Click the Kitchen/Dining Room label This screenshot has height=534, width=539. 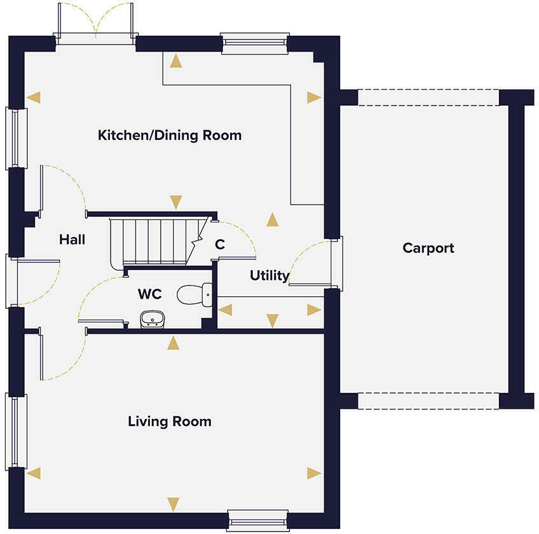(169, 135)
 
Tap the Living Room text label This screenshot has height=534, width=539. (169, 421)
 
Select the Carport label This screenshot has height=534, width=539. (428, 248)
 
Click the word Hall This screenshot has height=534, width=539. (72, 240)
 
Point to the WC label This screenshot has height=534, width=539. (149, 294)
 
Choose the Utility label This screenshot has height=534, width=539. (269, 276)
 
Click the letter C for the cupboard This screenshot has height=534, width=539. (220, 244)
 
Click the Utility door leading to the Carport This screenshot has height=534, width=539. (336, 263)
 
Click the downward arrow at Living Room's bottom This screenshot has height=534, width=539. (172, 504)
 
